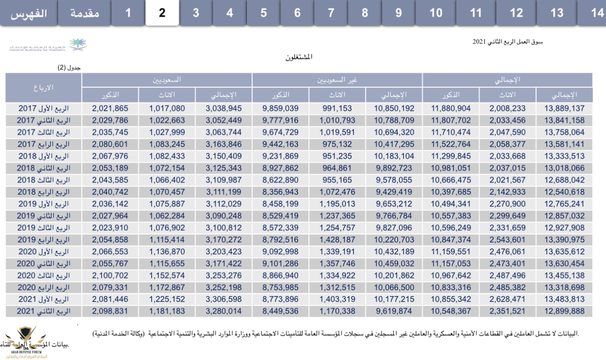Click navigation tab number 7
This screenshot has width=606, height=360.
[x=331, y=13]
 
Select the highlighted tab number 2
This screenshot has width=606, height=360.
[x=162, y=13]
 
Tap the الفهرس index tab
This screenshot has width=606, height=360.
[x=29, y=13]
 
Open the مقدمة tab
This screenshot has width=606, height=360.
[x=85, y=13]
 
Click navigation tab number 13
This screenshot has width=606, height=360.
[x=557, y=13]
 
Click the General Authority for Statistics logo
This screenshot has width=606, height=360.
[x=48, y=45]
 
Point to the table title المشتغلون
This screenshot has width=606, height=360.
[x=299, y=57]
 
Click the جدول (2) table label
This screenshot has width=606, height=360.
[x=69, y=68]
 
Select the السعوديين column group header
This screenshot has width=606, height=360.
[x=167, y=80]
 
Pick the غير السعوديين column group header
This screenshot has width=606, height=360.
[x=337, y=80]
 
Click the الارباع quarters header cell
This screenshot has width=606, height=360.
[x=43, y=87]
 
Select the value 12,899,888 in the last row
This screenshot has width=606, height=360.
[x=564, y=311]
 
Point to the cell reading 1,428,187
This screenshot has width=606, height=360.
[x=337, y=240]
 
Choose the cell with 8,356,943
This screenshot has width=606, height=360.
[x=280, y=192]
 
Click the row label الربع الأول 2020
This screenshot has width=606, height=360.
[x=43, y=252]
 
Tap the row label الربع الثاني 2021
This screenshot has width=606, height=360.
[x=43, y=311]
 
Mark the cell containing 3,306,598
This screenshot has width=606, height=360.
[x=223, y=299]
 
